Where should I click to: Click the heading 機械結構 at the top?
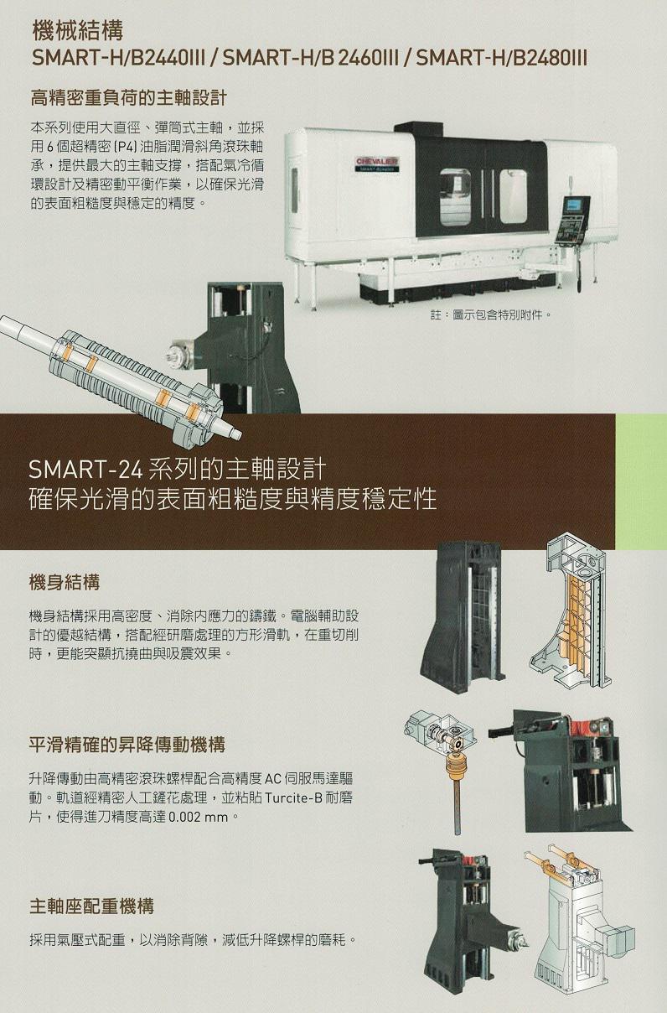pyautogui.click(x=78, y=32)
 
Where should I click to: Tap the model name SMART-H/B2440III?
pyautogui.click(x=119, y=59)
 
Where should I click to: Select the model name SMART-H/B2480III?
pyautogui.click(x=502, y=59)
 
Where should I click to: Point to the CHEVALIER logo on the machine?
pyautogui.click(x=377, y=162)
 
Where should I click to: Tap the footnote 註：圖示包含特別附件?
pyautogui.click(x=491, y=314)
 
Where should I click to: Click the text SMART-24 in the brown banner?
pyautogui.click(x=85, y=470)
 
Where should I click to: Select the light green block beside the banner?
pyautogui.click(x=641, y=481)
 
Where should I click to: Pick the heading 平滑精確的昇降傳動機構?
pyautogui.click(x=127, y=745)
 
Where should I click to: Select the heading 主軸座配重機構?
pyautogui.click(x=91, y=907)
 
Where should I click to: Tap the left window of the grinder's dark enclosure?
pyautogui.click(x=455, y=196)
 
